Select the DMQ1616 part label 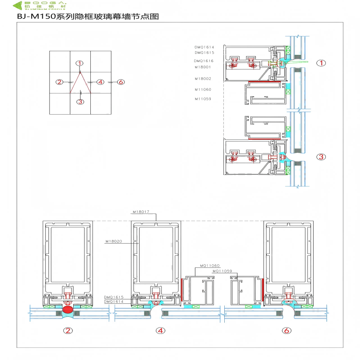click(204, 61)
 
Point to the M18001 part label click(203, 67)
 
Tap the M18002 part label click(203, 79)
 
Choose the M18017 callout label click(141, 211)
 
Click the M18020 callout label click(114, 241)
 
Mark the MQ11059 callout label click(222, 271)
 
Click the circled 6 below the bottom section click(287, 331)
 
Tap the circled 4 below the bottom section click(160, 331)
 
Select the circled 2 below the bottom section click(68, 331)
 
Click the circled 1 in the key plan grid click(80, 63)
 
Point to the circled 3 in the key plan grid click(80, 102)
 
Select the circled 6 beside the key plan click(120, 82)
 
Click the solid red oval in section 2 click(68, 310)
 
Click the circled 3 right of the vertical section click(321, 157)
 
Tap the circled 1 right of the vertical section click(321, 63)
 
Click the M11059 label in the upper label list click(203, 99)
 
